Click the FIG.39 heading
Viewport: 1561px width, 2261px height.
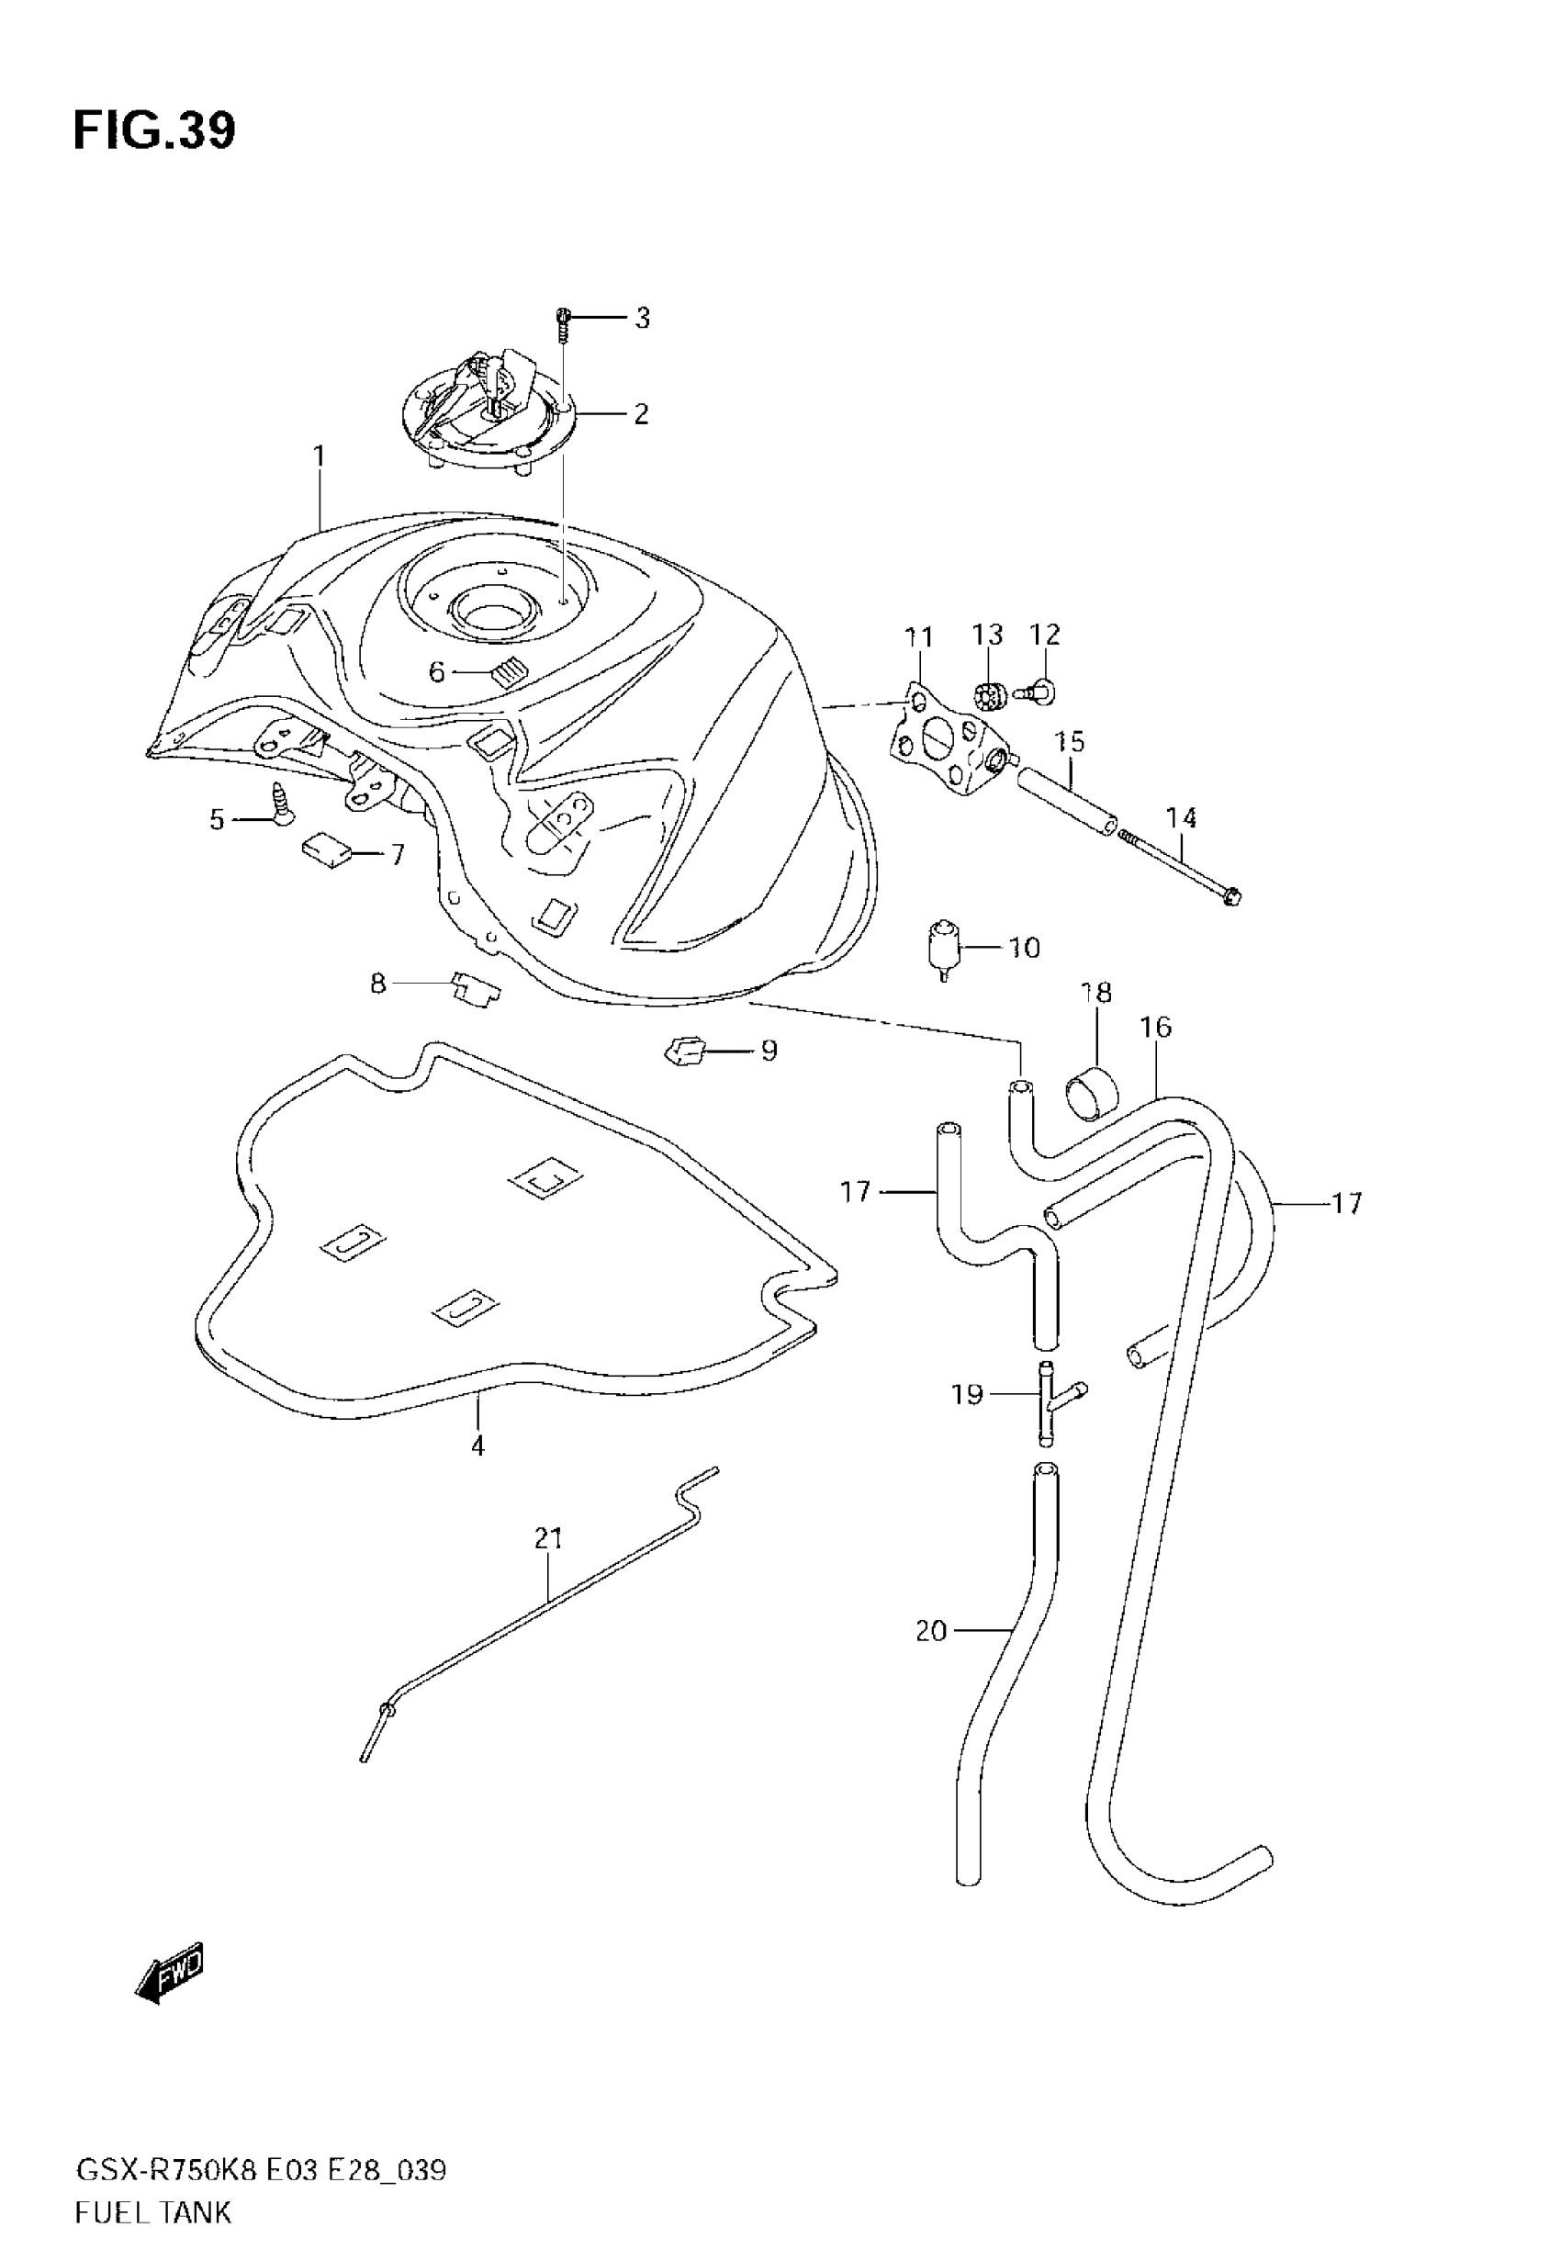153,131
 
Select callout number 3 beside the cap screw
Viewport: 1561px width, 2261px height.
642,318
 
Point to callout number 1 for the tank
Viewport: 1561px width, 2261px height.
319,456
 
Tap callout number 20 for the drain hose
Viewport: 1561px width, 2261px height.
931,1630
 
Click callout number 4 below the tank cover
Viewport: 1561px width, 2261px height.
477,1445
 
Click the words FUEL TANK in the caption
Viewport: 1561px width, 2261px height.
153,2212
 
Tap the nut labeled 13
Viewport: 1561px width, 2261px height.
990,695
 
